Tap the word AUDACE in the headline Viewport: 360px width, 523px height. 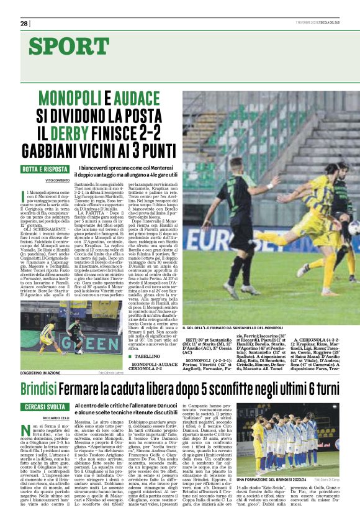(140, 98)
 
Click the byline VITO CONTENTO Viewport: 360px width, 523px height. (57, 180)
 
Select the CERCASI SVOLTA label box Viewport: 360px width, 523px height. (44, 406)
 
